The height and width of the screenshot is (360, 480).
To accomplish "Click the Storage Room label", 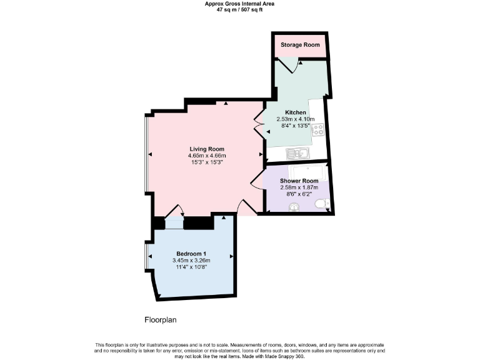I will pos(300,45).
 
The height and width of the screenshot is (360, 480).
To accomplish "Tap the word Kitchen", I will pos(296,112).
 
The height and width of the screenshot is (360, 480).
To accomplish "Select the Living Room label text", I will pos(207,149).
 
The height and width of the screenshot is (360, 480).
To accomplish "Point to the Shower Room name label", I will pos(299,181).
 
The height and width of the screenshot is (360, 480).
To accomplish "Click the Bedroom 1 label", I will pos(191,253).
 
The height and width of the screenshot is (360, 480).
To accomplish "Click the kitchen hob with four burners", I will pos(318,130).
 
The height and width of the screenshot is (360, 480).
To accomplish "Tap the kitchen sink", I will pos(294,153).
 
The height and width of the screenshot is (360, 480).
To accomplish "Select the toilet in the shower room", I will pos(321,204).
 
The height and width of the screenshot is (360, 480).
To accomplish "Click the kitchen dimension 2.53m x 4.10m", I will pos(296,119).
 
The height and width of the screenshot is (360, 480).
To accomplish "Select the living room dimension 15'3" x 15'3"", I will pos(207,162).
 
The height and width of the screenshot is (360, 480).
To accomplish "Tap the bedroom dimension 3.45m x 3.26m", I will pos(191,260).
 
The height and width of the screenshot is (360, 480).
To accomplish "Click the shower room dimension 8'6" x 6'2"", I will pos(299,194).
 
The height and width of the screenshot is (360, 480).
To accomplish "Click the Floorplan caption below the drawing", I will pos(161,319).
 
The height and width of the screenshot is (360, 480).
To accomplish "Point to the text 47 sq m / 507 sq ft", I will pos(239,9).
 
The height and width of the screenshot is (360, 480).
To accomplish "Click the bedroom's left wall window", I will pos(146,257).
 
